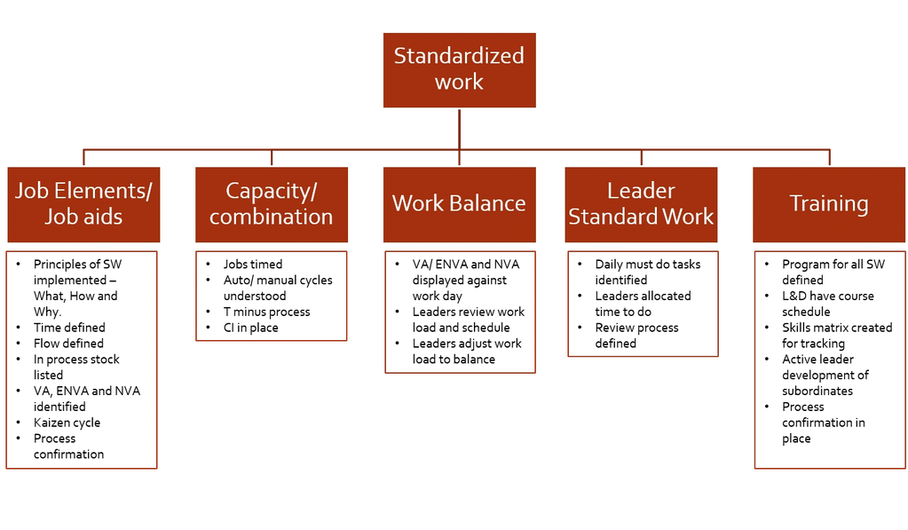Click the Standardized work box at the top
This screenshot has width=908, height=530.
[459, 69]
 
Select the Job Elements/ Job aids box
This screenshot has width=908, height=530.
[83, 204]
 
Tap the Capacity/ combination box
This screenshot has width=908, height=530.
[271, 204]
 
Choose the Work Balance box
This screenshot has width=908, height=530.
[459, 204]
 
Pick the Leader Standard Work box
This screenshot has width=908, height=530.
[641, 204]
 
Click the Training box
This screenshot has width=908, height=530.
[829, 204]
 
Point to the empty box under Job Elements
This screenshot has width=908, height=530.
[81, 360]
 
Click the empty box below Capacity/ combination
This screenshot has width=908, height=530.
[271, 296]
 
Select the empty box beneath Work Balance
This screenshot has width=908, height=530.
[460, 312]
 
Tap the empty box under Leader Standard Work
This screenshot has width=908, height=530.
[642, 304]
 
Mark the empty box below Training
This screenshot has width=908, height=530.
[829, 360]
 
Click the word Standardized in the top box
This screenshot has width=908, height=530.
[459, 56]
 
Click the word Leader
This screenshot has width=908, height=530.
[641, 191]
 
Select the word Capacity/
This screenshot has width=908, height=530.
[271, 191]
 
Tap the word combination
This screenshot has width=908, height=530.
[271, 217]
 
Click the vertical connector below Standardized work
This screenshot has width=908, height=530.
[459, 129]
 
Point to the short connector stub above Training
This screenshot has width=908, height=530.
[829, 156]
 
